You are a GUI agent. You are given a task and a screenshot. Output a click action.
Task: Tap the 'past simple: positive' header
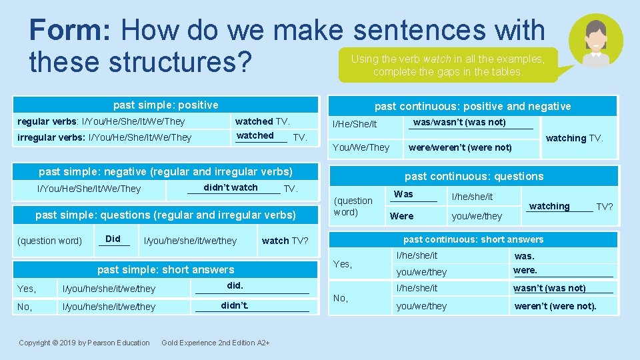coord(165,105)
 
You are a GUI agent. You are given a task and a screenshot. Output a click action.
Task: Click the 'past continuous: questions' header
coord(473,176)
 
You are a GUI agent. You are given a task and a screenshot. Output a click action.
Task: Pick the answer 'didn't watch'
coord(231,187)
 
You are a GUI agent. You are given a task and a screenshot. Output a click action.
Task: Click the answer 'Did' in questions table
coord(113,239)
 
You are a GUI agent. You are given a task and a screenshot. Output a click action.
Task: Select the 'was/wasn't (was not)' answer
coord(459,122)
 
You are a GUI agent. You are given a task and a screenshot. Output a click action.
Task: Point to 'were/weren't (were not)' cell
coord(460,147)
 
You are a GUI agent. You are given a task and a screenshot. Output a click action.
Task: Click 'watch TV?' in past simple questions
coord(285,241)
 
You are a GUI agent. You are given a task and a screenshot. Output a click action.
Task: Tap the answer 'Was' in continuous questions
coord(403,194)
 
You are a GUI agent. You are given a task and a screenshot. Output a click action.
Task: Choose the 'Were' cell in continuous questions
coord(401,216)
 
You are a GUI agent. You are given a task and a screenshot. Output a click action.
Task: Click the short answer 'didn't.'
coord(235,305)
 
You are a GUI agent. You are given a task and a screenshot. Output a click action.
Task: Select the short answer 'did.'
coord(235,285)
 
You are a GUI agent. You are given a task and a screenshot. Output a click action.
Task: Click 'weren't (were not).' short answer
coord(555,307)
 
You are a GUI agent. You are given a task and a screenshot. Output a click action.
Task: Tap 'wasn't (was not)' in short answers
coord(549,288)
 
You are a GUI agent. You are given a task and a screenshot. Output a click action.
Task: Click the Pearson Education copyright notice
coord(84,343)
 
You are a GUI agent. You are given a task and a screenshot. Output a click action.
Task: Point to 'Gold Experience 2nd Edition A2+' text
coord(215,343)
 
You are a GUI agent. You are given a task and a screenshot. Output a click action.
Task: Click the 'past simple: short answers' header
coord(165,269)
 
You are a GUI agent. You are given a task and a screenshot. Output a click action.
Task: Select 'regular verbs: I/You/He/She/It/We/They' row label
coord(101,121)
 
